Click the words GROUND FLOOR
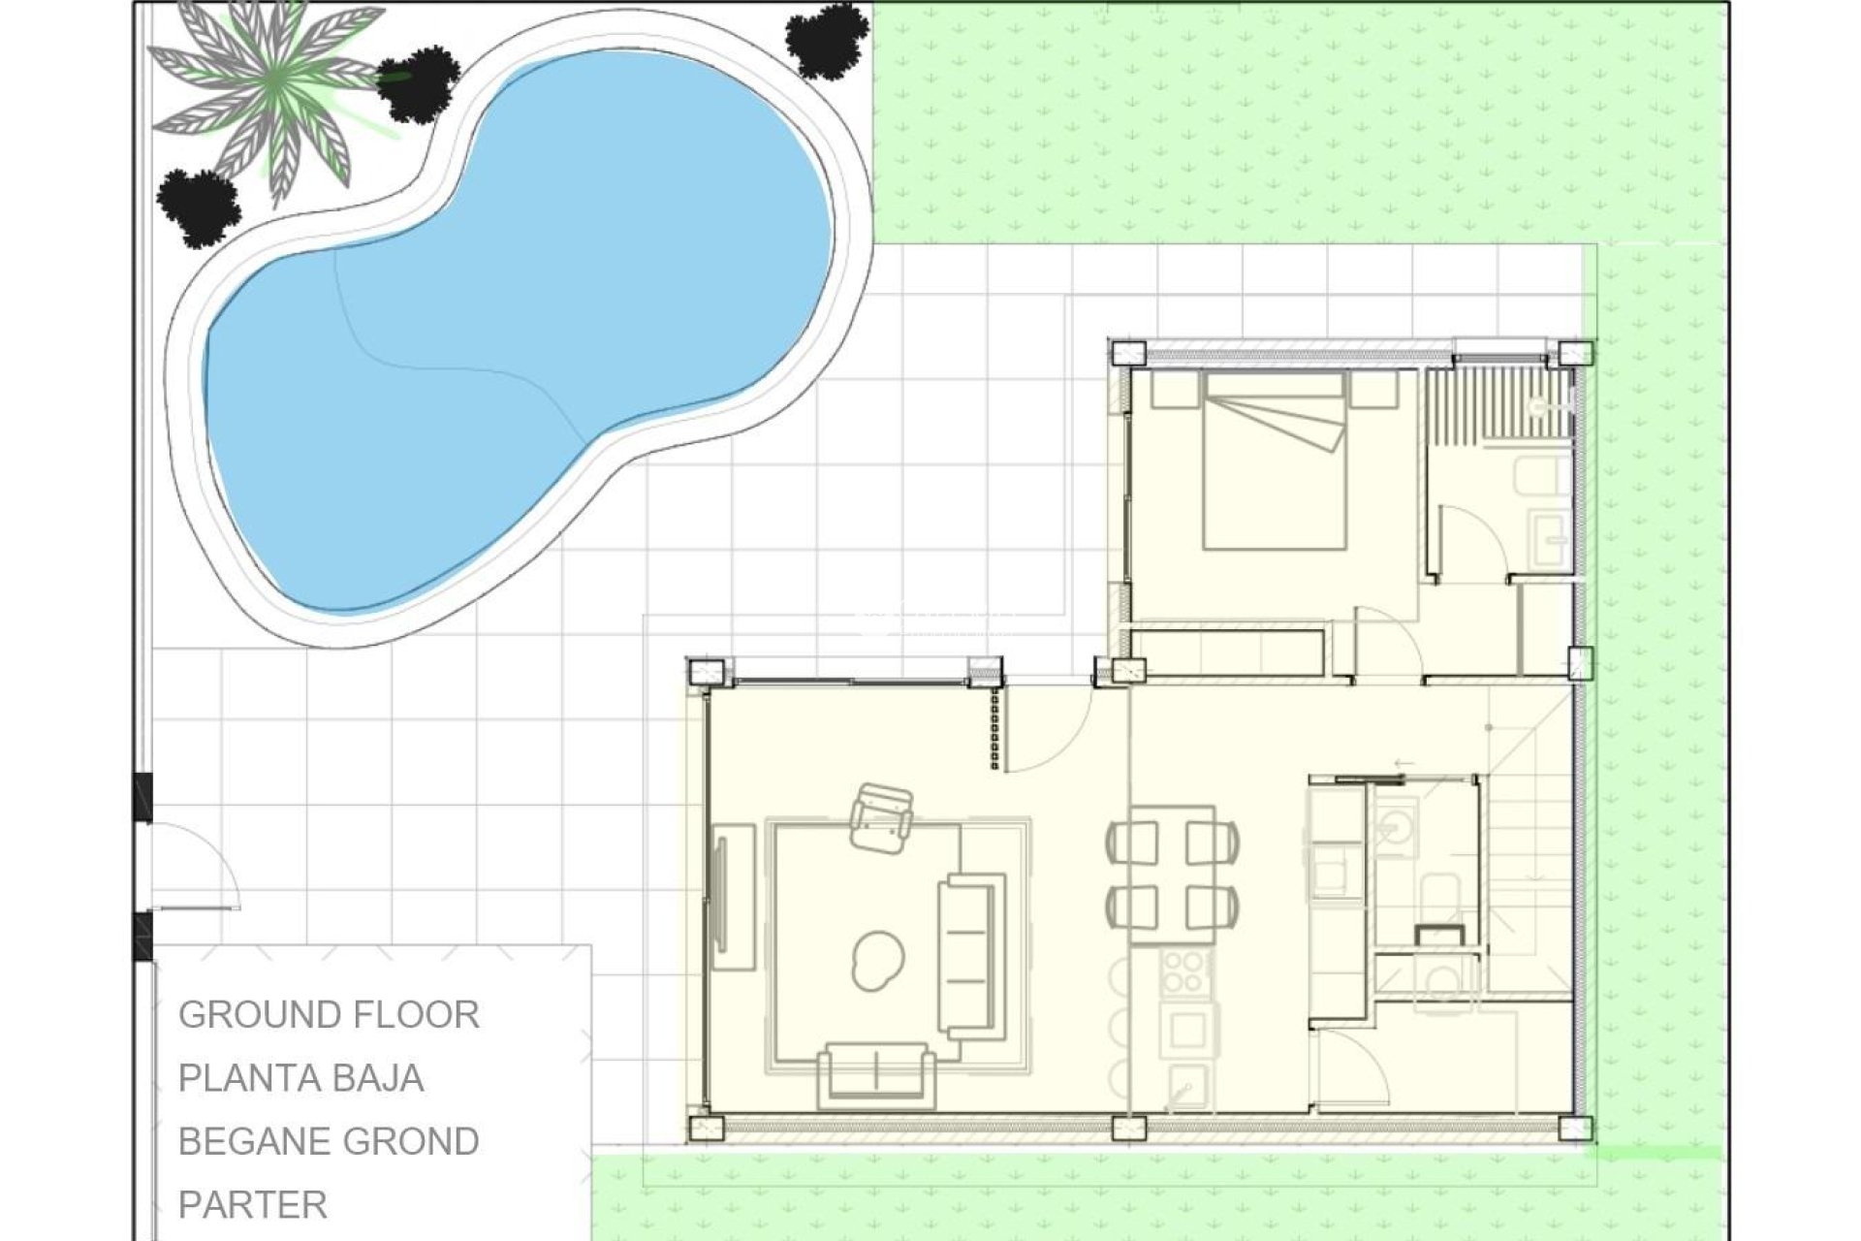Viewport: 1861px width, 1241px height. [329, 1015]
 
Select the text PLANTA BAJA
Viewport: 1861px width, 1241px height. [300, 1078]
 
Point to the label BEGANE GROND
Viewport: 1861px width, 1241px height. [329, 1141]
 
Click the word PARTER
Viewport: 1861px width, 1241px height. [253, 1205]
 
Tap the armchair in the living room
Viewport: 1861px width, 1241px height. [881, 818]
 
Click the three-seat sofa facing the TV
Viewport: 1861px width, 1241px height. [970, 955]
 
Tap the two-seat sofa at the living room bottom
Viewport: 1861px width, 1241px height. [876, 1074]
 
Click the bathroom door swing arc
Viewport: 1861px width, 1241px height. [1473, 543]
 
